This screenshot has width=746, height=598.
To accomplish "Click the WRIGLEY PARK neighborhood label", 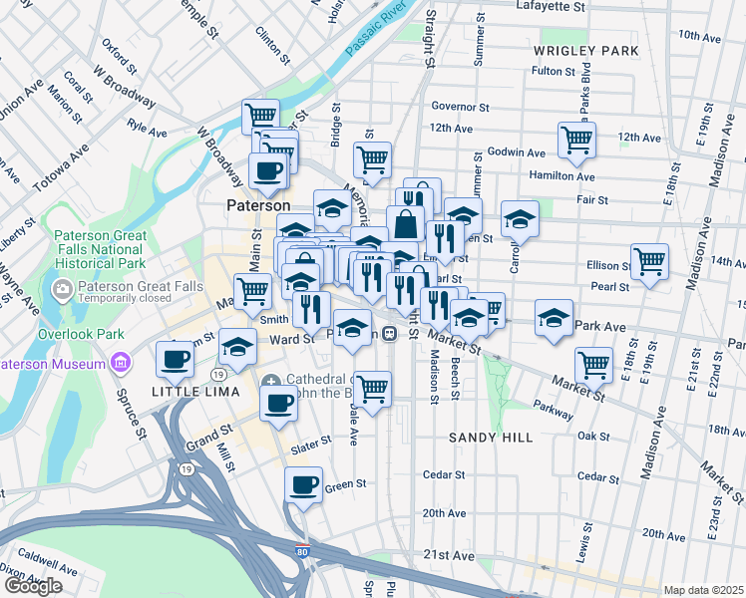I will (585, 50).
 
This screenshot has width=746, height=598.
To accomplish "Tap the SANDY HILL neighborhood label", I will (490, 438).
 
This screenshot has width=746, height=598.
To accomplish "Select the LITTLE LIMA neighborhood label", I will (195, 392).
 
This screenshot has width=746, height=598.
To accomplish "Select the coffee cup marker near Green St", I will (303, 485).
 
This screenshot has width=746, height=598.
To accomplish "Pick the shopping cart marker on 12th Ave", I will (576, 141).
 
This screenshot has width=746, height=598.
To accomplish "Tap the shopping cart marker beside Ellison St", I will (649, 263).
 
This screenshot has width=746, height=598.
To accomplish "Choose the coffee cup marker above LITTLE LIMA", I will (176, 359).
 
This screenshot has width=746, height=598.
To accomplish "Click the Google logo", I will (32, 586).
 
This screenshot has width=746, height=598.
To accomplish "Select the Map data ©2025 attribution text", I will (703, 590).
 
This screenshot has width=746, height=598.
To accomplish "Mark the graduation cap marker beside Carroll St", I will (520, 218).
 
